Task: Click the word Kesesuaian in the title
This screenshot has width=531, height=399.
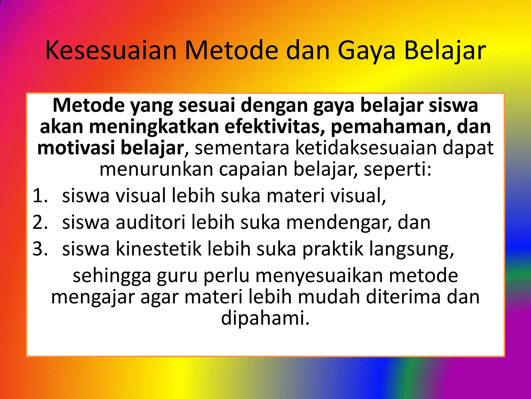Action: [x=111, y=51]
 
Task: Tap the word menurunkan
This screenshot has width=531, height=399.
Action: [x=156, y=169]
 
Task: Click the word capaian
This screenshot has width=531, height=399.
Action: [x=253, y=169]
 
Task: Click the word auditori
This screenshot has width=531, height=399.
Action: [x=150, y=222]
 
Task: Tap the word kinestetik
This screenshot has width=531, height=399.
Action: [x=158, y=249]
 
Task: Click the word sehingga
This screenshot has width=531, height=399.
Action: [x=112, y=276]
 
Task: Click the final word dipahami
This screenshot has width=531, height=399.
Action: [x=265, y=318]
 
